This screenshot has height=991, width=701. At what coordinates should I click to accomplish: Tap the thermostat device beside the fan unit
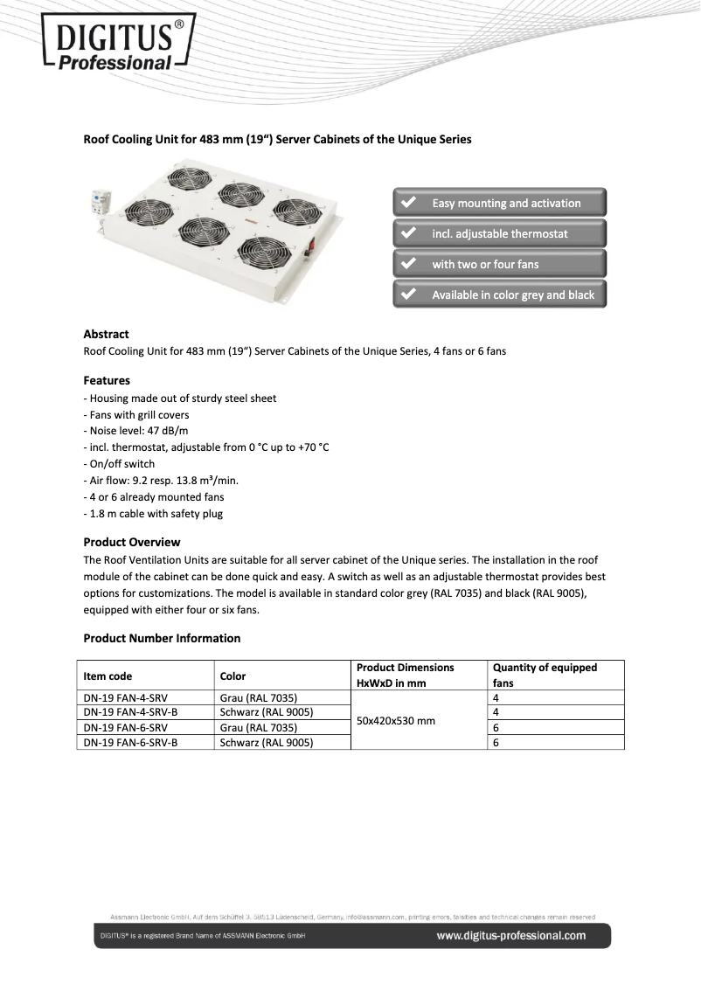[96, 206]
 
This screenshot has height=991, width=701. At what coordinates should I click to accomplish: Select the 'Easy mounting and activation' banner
[499, 203]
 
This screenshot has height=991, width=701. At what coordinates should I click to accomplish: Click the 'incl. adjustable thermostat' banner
[499, 233]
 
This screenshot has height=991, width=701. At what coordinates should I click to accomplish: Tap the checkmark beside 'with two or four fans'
[407, 264]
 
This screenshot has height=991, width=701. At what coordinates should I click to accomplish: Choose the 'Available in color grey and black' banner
[499, 295]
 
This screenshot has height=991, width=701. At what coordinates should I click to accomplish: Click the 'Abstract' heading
[106, 334]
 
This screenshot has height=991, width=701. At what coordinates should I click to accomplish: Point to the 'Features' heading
[107, 380]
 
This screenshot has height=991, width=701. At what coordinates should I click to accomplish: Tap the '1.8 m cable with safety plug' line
[153, 514]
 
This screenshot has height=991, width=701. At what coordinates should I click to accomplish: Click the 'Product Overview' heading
[131, 542]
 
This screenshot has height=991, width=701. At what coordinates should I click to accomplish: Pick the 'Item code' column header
[108, 676]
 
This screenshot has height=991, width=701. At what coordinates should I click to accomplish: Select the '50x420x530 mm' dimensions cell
[396, 721]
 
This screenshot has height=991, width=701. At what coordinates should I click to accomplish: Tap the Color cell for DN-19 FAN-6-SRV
[259, 727]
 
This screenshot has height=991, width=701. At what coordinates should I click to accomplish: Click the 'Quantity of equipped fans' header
[545, 675]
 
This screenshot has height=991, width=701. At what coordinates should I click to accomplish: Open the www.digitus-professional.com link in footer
[511, 936]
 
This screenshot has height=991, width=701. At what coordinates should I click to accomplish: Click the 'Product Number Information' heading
[162, 638]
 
